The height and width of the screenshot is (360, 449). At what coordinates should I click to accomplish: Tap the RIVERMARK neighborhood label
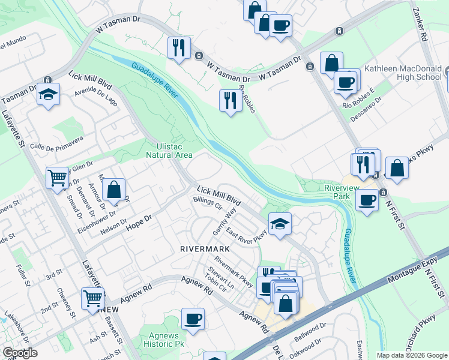tap(202, 248)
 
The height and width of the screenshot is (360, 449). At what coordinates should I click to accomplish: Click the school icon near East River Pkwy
tap(280, 223)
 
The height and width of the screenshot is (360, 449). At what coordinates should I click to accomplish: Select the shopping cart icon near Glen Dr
tap(58, 176)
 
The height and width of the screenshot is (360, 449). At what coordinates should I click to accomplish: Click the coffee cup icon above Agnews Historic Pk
tap(193, 319)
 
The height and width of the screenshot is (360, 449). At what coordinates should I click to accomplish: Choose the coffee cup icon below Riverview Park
tap(367, 200)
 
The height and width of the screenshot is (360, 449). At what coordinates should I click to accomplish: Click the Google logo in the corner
tap(20, 352)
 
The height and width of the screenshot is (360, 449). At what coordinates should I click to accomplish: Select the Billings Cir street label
tap(208, 203)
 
